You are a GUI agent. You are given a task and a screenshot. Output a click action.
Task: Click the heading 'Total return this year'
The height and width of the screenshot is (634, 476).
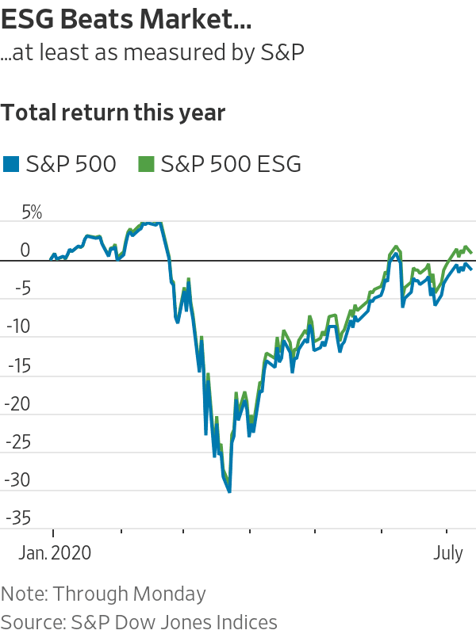click(x=113, y=113)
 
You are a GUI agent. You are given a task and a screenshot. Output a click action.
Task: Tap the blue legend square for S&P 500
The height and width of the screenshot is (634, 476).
click(x=10, y=164)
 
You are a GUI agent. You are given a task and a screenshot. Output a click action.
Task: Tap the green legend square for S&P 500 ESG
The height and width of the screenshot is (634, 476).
click(x=145, y=164)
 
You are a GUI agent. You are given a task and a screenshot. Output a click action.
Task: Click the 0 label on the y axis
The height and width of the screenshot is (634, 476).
click(x=25, y=250)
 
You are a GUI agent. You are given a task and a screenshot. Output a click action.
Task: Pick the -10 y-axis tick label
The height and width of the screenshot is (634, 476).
click(x=17, y=327)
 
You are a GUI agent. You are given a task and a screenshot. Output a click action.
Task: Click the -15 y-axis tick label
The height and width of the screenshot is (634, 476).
click(x=17, y=365)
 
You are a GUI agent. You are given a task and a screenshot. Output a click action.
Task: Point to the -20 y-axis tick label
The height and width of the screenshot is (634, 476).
click(x=17, y=403)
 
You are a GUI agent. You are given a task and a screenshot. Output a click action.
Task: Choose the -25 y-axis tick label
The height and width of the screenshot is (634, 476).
click(x=17, y=441)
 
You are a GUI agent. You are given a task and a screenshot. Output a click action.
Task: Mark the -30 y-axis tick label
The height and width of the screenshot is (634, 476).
click(x=17, y=480)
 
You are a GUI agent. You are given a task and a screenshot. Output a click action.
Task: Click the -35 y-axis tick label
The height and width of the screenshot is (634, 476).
click(x=17, y=518)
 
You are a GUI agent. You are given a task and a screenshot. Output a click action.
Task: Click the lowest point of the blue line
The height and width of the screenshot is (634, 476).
click(x=229, y=492)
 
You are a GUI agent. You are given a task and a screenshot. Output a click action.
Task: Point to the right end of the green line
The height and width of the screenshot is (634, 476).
click(x=472, y=253)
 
